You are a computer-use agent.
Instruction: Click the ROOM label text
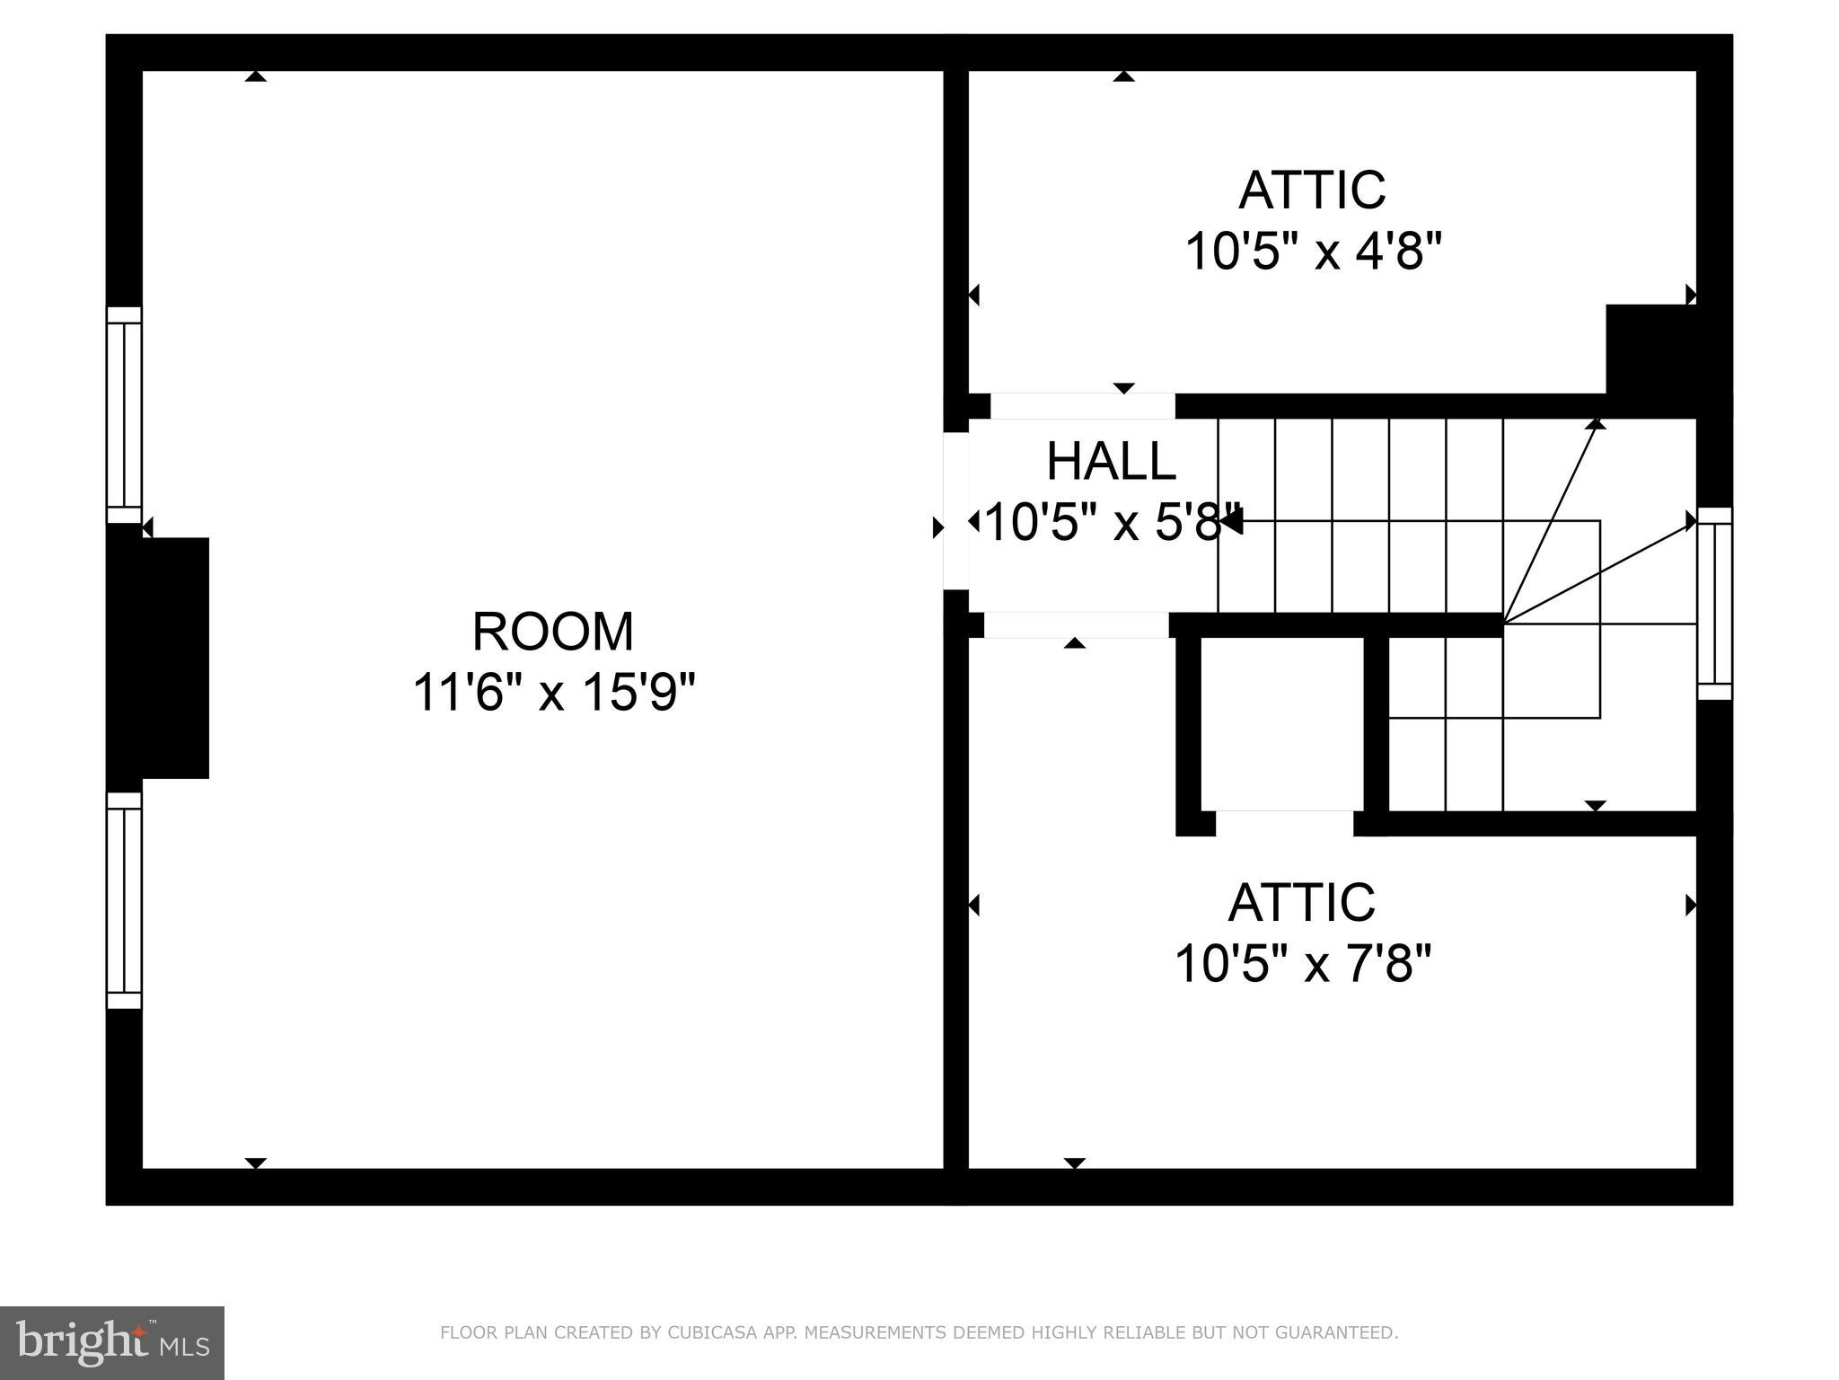coord(553,632)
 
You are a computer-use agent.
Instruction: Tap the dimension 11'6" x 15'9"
coord(554,693)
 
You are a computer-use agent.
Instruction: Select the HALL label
coord(1111,462)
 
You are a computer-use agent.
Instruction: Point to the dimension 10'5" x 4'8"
coord(1313,251)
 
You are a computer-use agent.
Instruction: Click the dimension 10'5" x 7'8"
coord(1302,963)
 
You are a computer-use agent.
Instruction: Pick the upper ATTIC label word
coord(1312,190)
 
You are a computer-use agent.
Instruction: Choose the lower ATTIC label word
coord(1301,902)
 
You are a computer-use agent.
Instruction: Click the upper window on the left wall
coord(124,415)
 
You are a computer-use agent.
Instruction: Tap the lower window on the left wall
coord(124,900)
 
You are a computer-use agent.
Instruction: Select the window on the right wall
coord(1714,604)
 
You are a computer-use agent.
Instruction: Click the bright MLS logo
coord(112,1343)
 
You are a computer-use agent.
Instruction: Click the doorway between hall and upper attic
coord(1082,406)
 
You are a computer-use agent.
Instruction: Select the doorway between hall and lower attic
coord(1076,625)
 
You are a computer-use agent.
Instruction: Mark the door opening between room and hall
coord(955,510)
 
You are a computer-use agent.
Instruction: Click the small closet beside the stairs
coord(1282,723)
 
